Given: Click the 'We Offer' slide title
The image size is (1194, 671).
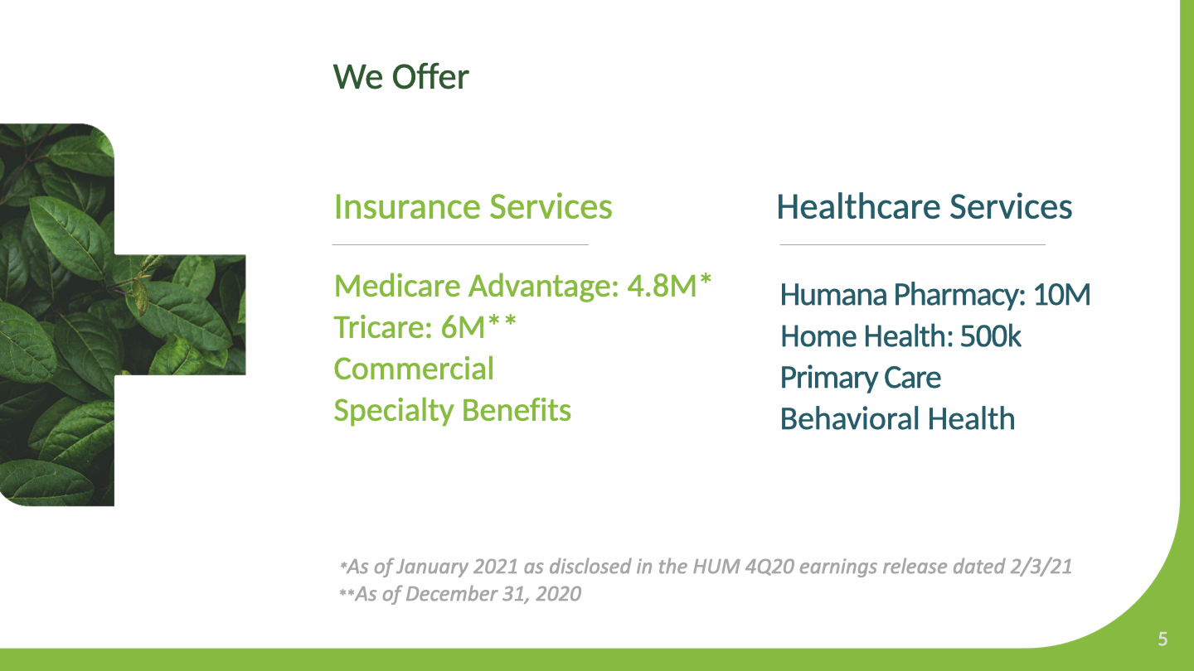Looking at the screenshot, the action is pos(400,77).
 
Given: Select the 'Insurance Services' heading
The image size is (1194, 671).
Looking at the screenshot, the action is pos(473,206).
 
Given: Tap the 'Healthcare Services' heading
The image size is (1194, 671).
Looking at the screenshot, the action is pos(925,206).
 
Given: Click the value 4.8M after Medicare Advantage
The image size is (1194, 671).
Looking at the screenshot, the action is pos(662,286).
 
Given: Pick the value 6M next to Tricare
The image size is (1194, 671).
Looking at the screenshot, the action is pos(463,326).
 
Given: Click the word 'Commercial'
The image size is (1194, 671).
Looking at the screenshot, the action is pos(414,369).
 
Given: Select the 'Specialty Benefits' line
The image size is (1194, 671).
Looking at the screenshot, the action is pos(453,411).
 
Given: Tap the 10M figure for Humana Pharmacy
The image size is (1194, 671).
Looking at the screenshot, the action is pos(1062,295).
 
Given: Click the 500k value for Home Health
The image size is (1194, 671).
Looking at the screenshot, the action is pos(990,336).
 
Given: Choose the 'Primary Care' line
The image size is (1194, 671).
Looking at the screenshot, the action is pos(861,378).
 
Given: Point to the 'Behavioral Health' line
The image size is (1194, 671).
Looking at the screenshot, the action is pos(898,418).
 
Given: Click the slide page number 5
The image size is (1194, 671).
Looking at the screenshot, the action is pos(1163,639).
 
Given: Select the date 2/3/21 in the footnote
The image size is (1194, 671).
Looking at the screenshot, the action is pos(1041,567).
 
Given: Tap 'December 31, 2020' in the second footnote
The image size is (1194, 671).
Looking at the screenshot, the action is pos(493,594).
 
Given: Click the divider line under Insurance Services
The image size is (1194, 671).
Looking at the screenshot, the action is pos(460,244).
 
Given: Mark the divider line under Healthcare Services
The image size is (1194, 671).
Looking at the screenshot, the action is pos(912,244).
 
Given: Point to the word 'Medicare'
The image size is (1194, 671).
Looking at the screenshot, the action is pos(397,286).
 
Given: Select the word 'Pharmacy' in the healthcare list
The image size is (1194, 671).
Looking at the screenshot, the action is pos(959,296).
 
